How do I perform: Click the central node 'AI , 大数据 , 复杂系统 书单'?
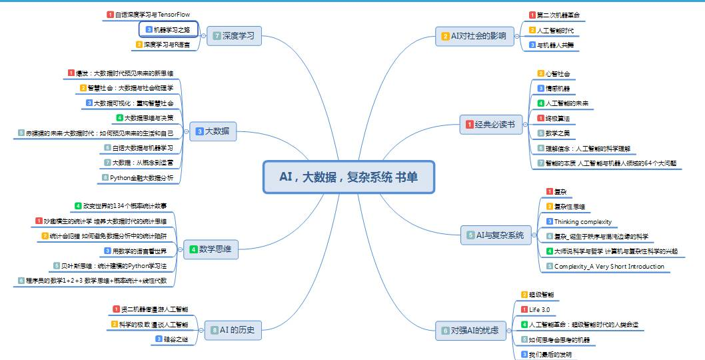pos(349,177)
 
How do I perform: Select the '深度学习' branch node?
pos(234,36)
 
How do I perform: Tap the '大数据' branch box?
pos(213,131)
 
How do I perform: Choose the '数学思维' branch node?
pos(211,249)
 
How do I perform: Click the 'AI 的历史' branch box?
pos(233,329)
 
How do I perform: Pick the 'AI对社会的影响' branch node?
pos(474,36)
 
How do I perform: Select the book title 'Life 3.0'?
pos(539,309)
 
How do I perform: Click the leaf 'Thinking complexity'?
pos(582,222)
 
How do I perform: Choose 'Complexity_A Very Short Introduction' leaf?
pos(609,267)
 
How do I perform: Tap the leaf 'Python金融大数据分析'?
pos(141,178)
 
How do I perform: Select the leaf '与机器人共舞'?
pos(555,45)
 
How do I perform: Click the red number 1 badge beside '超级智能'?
pos(524,295)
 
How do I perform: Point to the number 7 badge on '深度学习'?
pos(217,36)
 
